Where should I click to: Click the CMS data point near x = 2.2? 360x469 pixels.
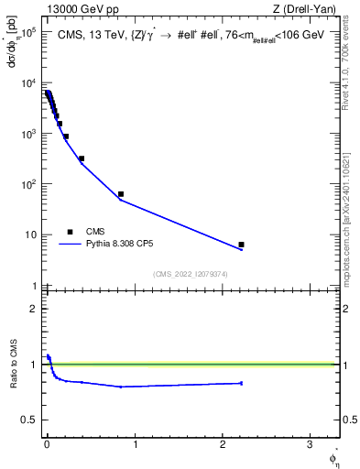pos(241,245)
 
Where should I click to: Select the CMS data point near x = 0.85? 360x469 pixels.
pos(121,194)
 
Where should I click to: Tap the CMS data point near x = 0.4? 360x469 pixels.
pos(82,158)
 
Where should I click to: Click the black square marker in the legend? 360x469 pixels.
pos(68,232)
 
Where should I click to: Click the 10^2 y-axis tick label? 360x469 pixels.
pos(28,184)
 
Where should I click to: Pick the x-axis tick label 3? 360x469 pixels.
pos(310,445)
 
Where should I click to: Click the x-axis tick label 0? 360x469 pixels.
pos(47,445)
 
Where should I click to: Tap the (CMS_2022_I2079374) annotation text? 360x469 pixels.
pos(190,273)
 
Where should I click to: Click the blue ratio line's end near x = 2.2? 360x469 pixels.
pos(241,383)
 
